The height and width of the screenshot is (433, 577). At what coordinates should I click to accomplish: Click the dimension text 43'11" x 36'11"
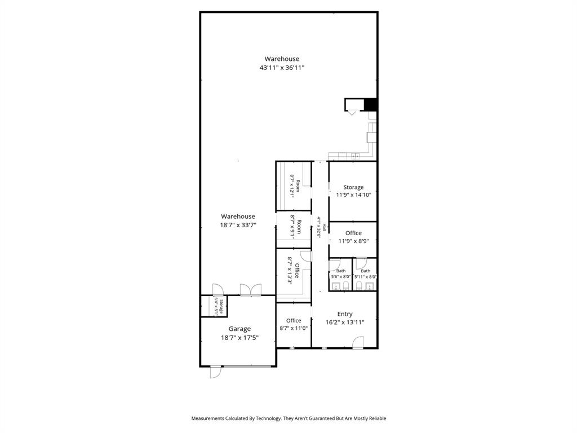[x=282, y=68]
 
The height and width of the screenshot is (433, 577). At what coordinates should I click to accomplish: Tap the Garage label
[x=239, y=329]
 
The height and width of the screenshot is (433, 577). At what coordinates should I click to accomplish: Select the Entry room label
[x=345, y=314]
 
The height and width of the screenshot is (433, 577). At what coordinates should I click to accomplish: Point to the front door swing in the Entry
[x=357, y=342]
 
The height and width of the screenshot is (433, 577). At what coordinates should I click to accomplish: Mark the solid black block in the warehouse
[x=370, y=104]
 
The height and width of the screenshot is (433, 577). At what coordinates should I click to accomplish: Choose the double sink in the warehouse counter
[x=355, y=156]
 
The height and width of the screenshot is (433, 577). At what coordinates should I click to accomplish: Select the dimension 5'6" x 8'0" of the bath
[x=341, y=277]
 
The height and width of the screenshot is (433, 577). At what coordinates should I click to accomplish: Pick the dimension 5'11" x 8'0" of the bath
[x=365, y=277]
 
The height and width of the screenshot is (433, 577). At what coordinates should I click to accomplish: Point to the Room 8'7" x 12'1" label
[x=295, y=184]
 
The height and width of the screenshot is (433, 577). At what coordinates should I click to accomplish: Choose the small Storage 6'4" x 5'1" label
[x=218, y=306]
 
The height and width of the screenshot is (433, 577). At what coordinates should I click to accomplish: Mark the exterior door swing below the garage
[x=215, y=373]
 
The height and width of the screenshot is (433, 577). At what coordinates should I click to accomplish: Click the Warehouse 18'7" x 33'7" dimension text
[x=238, y=224]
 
